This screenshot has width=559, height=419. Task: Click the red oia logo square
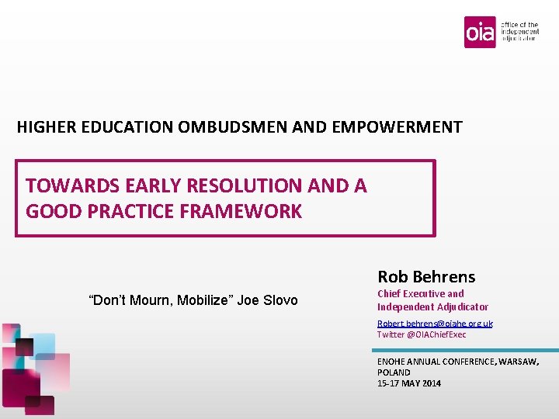point(480,32)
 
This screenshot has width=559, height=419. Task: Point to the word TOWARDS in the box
point(66,186)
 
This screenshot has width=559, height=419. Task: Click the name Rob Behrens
point(426,276)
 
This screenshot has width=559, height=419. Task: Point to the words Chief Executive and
point(420,294)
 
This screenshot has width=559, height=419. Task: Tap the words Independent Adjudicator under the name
point(432,307)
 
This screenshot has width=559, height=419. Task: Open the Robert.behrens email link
point(435,324)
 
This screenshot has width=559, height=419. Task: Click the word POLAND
point(394,372)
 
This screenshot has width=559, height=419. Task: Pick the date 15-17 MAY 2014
point(409,383)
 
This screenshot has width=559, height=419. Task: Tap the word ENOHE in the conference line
point(391,362)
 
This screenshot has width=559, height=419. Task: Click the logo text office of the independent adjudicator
point(519,31)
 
